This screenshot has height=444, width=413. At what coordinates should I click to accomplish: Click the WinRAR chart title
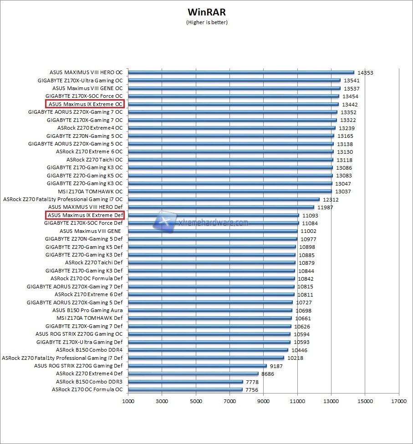[x=206, y=12]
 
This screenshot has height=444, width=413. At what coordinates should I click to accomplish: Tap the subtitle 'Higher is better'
[x=206, y=22]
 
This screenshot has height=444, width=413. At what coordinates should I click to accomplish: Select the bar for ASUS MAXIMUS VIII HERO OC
[x=241, y=72]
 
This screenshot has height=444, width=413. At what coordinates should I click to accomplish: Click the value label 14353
[x=365, y=73]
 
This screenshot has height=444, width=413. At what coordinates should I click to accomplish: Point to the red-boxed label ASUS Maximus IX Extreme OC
[x=85, y=104]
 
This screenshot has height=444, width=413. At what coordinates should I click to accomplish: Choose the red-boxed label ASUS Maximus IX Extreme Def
[x=85, y=215]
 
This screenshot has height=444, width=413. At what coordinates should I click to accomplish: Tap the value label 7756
[x=252, y=390]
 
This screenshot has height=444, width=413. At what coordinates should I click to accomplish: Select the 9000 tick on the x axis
[x=264, y=401]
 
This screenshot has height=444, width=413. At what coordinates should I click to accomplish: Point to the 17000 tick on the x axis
[x=399, y=401]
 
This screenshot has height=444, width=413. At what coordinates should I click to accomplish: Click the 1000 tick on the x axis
[x=128, y=401]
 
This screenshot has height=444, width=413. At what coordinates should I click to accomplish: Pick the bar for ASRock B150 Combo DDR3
[x=185, y=382]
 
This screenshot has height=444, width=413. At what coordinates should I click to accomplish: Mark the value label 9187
[x=276, y=366]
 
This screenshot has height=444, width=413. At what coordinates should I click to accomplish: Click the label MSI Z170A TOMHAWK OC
[x=90, y=192]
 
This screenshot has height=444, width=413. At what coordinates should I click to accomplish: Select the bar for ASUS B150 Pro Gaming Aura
[x=210, y=310]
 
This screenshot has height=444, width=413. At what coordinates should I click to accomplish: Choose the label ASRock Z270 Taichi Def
[x=94, y=262]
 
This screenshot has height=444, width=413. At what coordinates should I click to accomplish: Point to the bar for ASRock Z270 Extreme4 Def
[x=193, y=373]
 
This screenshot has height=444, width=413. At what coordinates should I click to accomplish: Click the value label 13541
[x=352, y=81]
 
